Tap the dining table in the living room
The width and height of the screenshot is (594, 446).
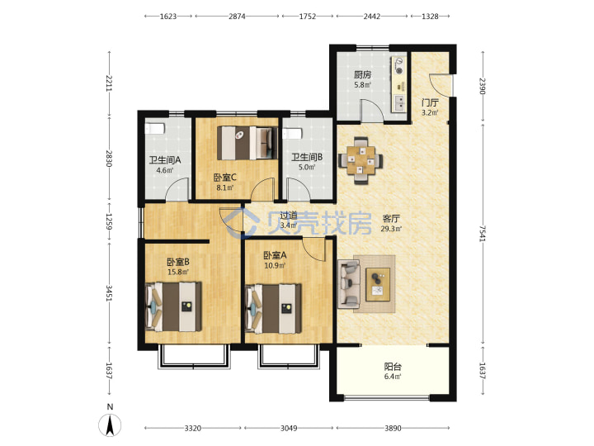[361, 160]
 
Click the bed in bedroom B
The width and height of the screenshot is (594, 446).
[173, 306]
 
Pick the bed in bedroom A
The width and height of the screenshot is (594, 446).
[274, 309]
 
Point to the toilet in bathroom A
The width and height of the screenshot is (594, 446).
[154, 128]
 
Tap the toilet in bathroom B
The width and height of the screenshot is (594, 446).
[292, 134]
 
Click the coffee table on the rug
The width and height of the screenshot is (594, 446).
[378, 284]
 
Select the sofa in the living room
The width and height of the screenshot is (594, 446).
[348, 283]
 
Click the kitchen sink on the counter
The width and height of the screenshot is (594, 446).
[399, 102]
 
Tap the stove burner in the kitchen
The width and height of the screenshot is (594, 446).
[399, 65]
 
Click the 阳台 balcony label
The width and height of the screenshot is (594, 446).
[393, 367]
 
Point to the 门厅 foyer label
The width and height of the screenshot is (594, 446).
[430, 102]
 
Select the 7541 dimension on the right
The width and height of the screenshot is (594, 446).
[483, 234]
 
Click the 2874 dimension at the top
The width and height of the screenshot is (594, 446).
[237, 17]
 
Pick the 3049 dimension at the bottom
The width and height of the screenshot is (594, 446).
[289, 428]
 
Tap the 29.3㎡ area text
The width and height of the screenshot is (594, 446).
[391, 229]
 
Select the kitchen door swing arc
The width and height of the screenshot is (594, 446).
[371, 111]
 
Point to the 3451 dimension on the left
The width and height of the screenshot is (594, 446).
[109, 293]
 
